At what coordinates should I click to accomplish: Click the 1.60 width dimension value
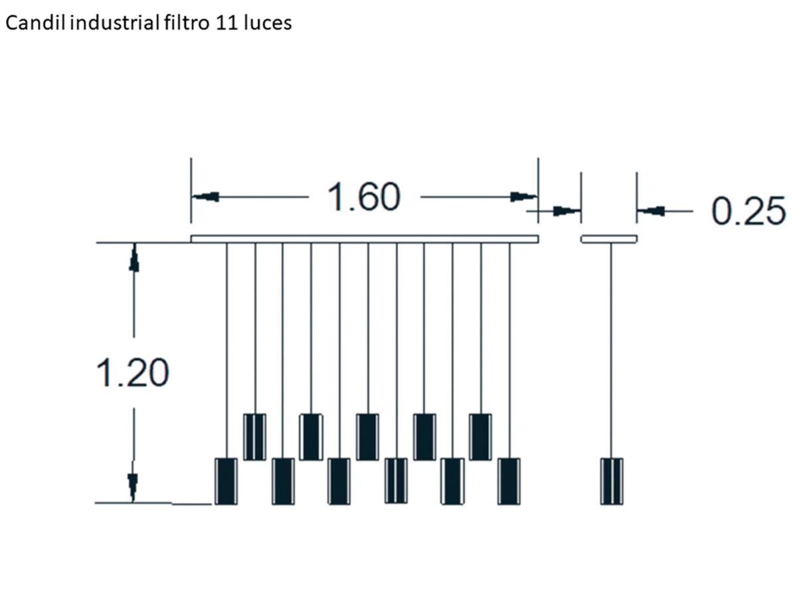point(364,197)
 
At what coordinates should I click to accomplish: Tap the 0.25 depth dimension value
point(749,211)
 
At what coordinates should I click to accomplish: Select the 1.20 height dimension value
point(133,373)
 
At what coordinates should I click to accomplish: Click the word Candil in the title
point(36,23)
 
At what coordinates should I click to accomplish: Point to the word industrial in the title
point(114,23)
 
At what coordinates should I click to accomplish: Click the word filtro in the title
point(186,23)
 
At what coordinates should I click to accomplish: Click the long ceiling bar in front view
point(365,239)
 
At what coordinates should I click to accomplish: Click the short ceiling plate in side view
point(608,239)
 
